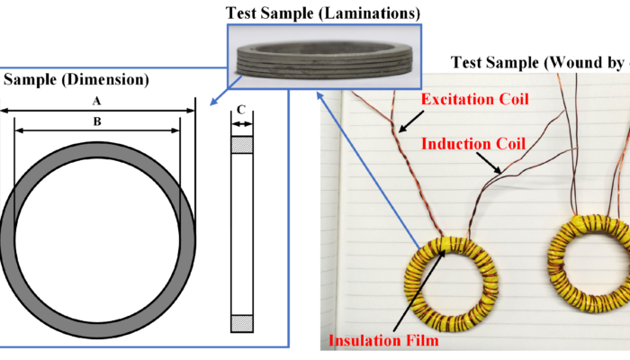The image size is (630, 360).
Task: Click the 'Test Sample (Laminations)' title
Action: [319, 13]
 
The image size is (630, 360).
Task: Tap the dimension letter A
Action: [98, 102]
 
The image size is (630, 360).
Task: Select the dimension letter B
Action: [98, 121]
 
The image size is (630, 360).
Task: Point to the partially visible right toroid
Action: [589, 265]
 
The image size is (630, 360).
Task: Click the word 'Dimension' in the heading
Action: [98, 79]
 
